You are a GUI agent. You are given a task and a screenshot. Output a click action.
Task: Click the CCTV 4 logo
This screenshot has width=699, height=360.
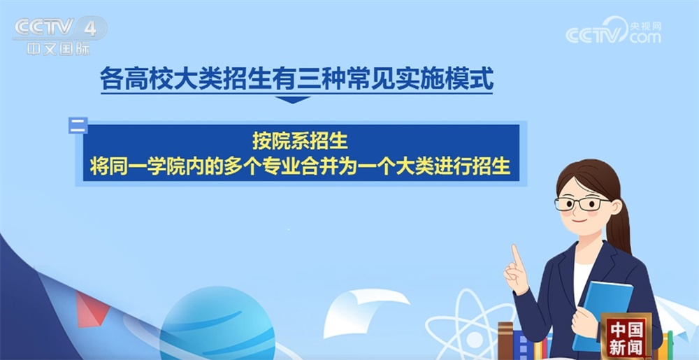click(59, 29)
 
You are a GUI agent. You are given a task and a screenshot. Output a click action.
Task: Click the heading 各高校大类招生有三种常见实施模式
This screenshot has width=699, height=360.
click(296, 78)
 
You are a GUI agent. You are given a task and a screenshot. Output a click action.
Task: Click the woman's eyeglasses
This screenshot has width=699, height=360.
click(582, 203)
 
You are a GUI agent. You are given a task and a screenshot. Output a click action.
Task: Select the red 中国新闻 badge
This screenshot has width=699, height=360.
click(626, 336)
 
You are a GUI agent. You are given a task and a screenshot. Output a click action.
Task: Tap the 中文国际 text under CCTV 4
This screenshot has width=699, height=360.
click(59, 50)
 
